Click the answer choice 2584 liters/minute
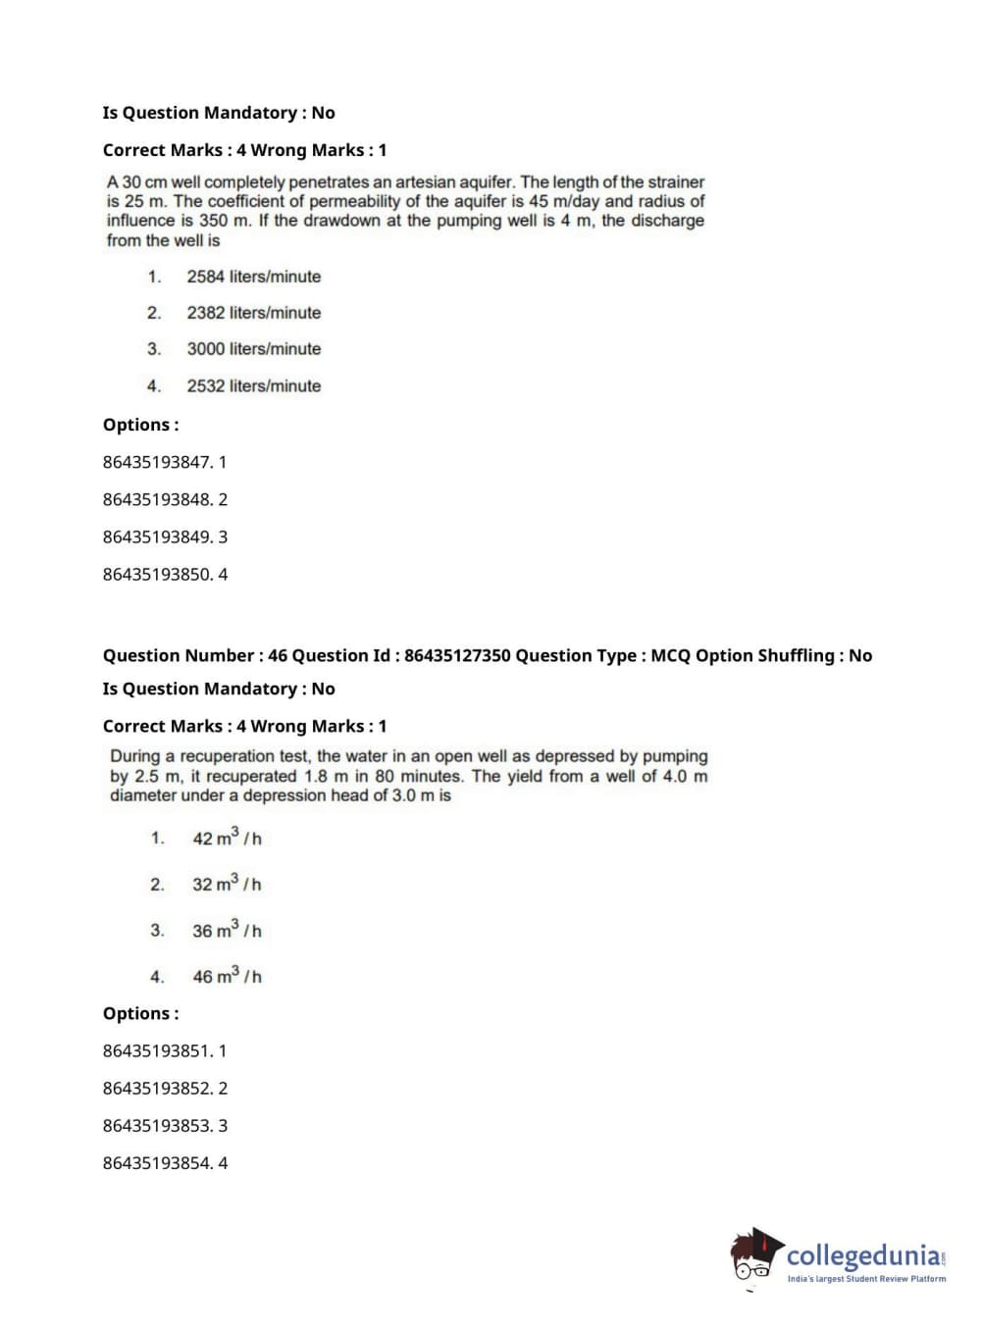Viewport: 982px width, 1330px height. point(253,277)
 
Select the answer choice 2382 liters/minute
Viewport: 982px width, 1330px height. point(253,313)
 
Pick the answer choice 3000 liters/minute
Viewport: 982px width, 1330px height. point(253,349)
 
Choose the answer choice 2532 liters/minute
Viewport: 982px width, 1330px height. point(253,386)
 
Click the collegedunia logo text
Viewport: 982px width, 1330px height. point(863,1254)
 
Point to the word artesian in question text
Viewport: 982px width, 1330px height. point(452,182)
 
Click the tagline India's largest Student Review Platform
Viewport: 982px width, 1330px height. point(866,1279)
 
